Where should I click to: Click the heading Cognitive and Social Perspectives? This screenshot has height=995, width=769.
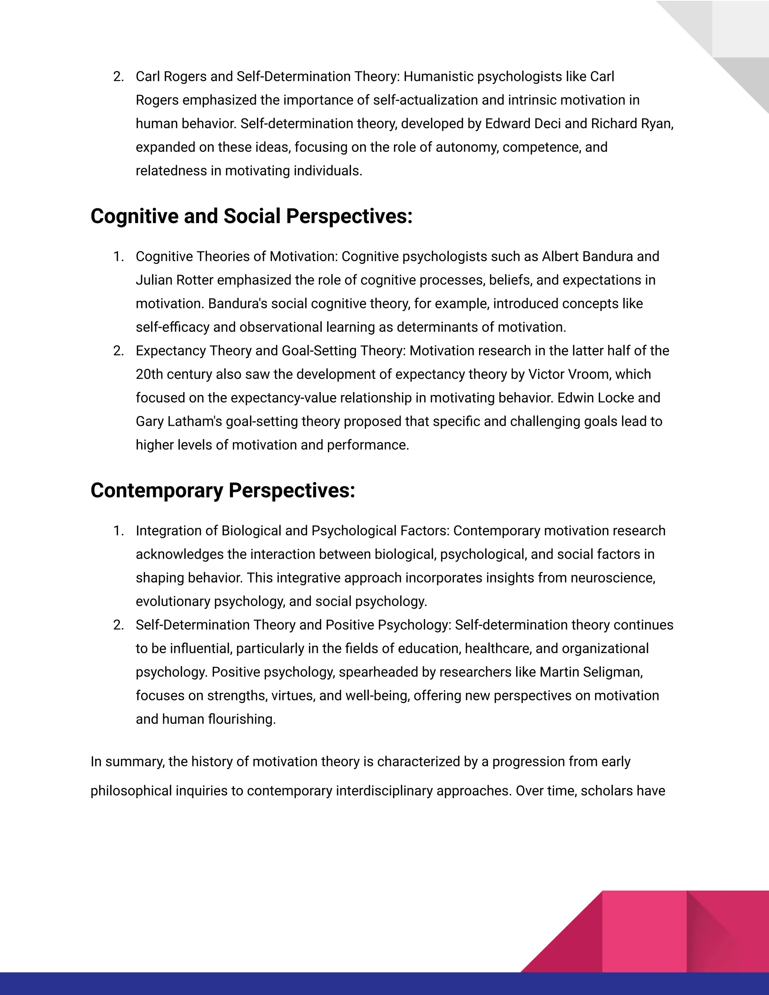point(251,216)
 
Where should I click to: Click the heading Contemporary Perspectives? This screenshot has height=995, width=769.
point(222,490)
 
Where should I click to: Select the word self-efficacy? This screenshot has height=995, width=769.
point(172,327)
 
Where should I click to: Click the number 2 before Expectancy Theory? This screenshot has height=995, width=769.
point(118,351)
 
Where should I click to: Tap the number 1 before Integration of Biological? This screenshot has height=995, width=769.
point(118,531)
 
